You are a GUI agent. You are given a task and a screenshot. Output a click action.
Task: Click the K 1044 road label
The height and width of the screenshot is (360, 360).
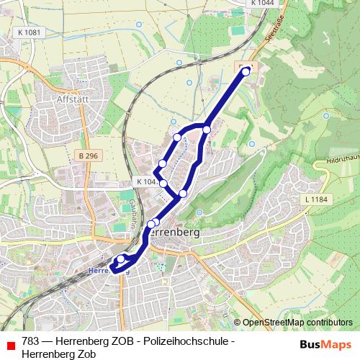tap(263, 4)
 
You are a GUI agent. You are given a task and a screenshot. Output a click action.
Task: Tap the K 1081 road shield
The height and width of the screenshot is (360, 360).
tap(28, 32)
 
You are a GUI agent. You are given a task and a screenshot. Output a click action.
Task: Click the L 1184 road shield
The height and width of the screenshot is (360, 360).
tap(315, 198)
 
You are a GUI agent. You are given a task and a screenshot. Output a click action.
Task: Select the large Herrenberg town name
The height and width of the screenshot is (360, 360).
tap(166, 234)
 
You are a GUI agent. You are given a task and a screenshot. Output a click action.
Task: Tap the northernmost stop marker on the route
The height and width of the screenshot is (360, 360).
tap(246, 71)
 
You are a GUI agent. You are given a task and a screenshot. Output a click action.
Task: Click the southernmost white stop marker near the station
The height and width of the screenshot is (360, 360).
tap(120, 258)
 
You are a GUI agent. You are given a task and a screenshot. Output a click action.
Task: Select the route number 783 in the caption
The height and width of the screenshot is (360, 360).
tap(31, 341)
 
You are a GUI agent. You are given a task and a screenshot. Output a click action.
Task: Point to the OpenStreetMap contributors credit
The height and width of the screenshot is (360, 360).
tap(297, 322)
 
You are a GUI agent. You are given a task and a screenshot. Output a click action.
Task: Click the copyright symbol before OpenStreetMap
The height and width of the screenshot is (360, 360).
tap(238, 322)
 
